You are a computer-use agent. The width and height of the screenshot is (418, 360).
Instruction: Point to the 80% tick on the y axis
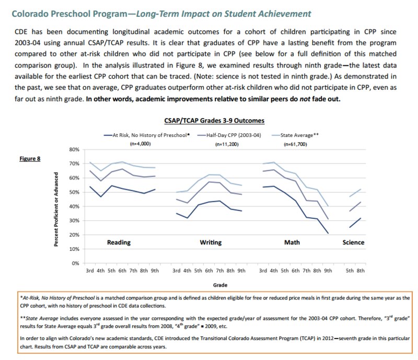click(x=73, y=149)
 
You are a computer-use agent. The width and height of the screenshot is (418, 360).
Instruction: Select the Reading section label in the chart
click(x=119, y=242)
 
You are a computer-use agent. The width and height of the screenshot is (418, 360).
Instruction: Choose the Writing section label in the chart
click(x=211, y=242)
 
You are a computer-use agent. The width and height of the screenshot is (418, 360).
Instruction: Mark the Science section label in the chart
click(x=353, y=242)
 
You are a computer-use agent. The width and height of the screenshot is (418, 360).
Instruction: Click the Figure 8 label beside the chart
click(x=31, y=159)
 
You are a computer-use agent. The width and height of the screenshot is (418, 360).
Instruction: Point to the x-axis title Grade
click(x=220, y=285)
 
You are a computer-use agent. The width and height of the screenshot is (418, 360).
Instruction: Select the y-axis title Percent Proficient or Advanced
click(x=56, y=206)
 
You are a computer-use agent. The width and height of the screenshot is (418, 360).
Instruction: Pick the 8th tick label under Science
click(x=361, y=271)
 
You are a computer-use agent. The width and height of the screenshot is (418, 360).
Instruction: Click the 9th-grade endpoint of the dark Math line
click(x=327, y=233)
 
